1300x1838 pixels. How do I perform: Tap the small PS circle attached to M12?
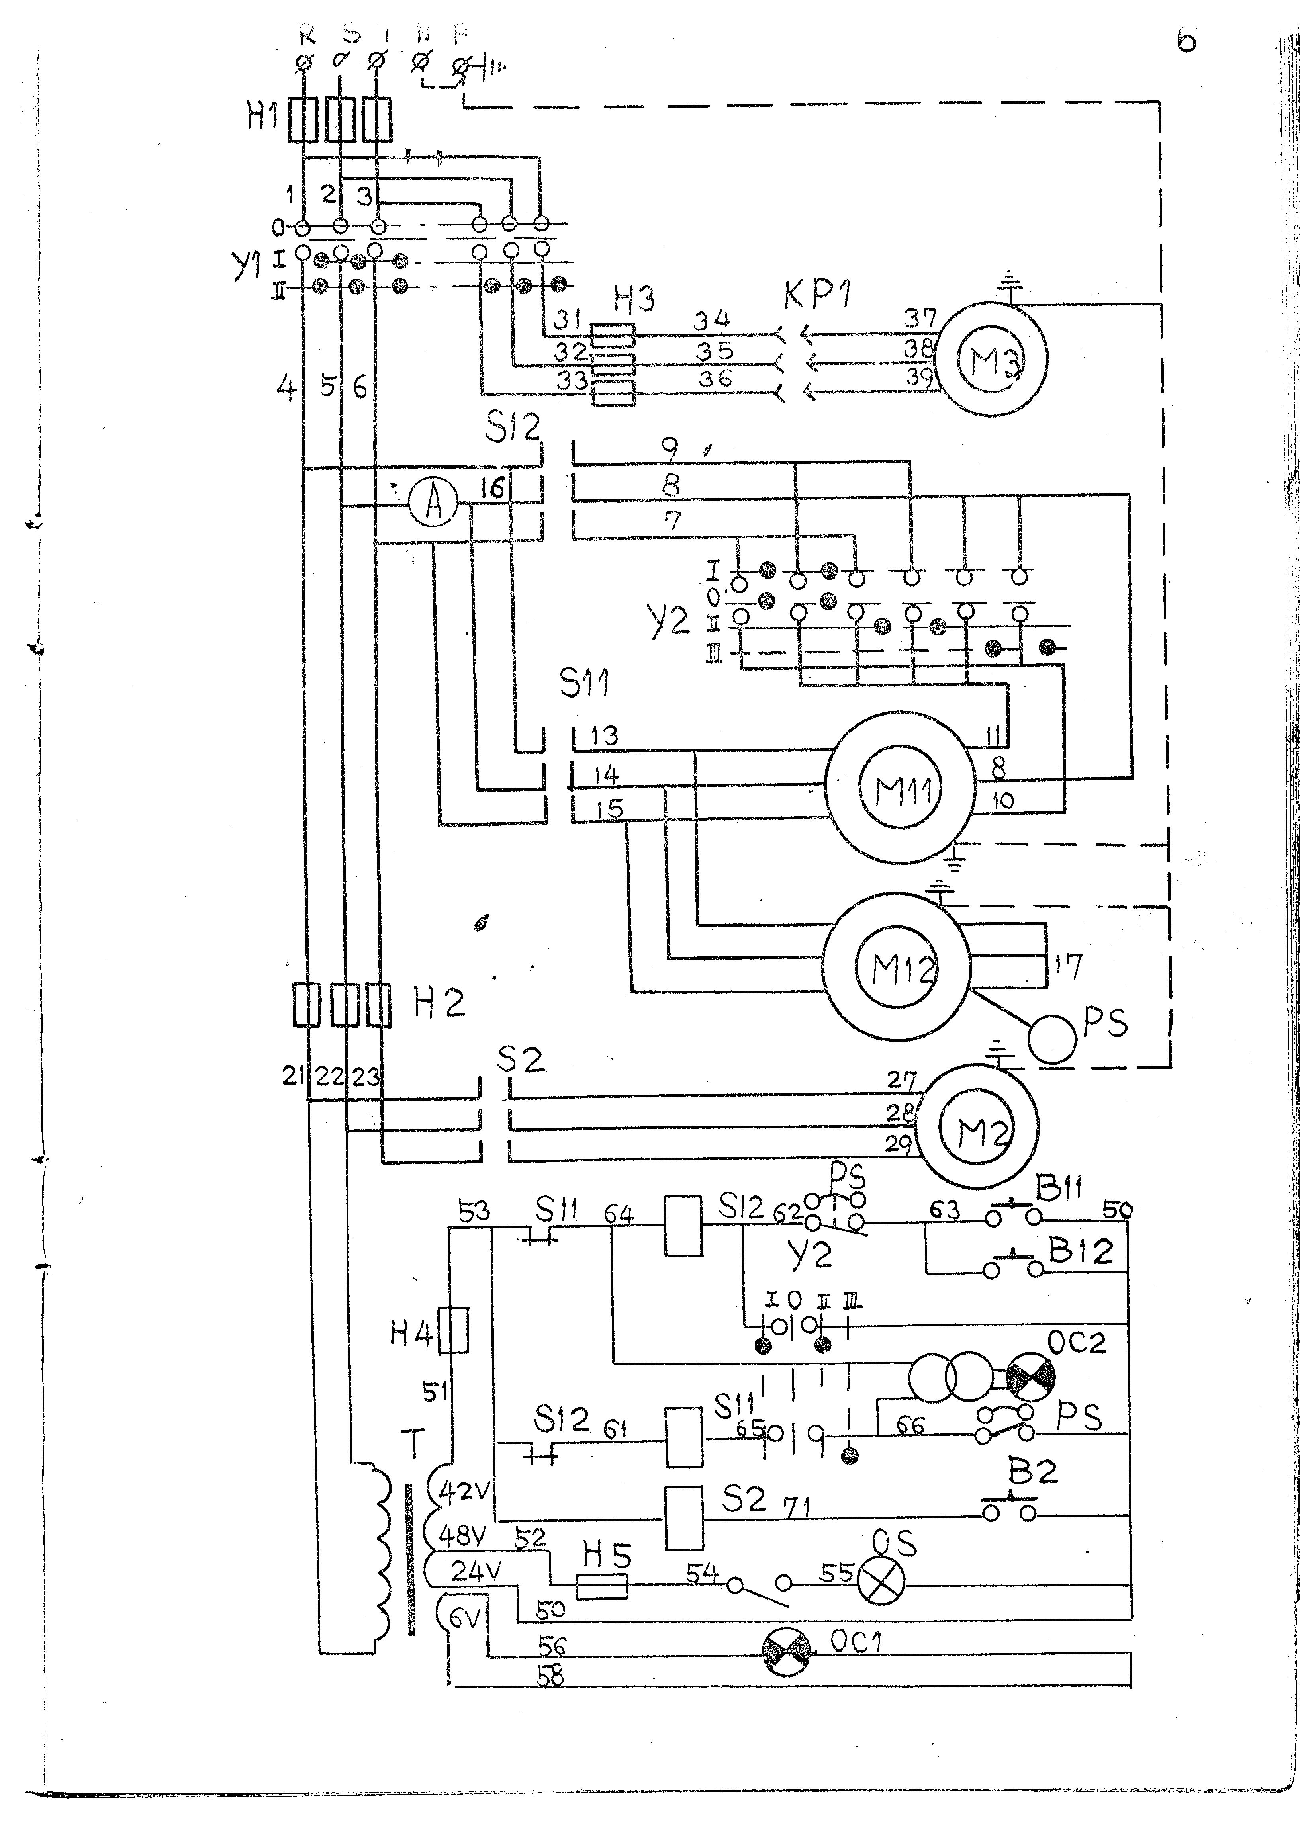(1052, 1038)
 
